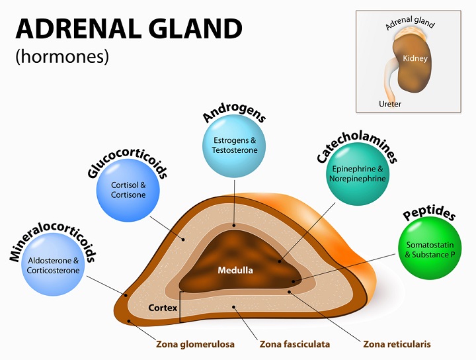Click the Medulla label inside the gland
[235, 271]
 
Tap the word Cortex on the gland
[162, 308]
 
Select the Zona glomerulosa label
[195, 344]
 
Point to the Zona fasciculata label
[294, 344]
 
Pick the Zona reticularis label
[397, 344]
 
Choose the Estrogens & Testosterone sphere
[235, 146]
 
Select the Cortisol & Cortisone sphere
[129, 190]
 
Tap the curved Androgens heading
[234, 111]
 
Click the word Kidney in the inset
[415, 59]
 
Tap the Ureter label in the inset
[390, 104]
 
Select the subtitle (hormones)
[61, 57]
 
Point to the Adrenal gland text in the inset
[410, 23]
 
